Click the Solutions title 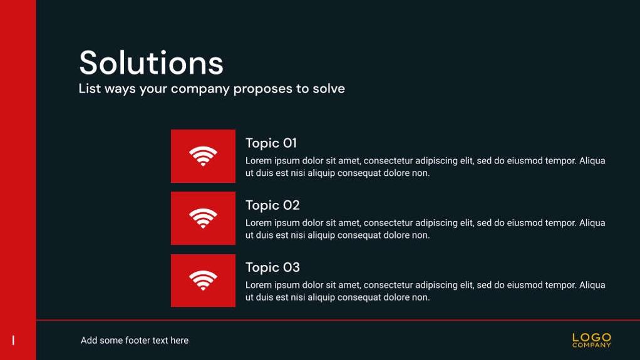[151, 63]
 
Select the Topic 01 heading [271, 143]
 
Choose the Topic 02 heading [272, 205]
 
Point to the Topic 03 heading [272, 267]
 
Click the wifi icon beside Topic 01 [203, 156]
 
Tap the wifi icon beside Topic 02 [203, 218]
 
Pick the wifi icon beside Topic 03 [203, 280]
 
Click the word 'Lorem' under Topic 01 [258, 161]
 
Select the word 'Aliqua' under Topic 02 [592, 224]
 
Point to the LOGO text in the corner [591, 337]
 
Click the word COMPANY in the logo [591, 345]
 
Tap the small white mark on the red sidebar [14, 340]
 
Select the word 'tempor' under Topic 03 [562, 285]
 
